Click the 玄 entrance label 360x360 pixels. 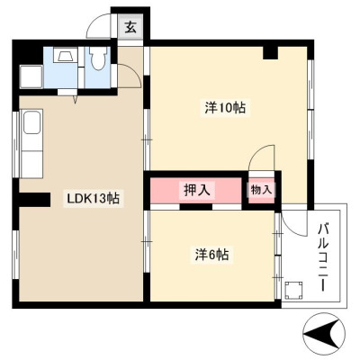pos(130,28)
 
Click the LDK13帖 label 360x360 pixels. pos(93,198)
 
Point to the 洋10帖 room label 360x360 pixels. pos(225,108)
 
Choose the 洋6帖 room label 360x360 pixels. pos(212,255)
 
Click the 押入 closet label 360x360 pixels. pos(196,190)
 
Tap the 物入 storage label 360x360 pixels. pos(261,190)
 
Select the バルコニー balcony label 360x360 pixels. pos(323,256)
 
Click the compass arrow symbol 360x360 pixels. pos(324,334)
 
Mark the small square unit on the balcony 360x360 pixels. pos(293,290)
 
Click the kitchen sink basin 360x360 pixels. pos(31,122)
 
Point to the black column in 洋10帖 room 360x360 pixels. pos(271,53)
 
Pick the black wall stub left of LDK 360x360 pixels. pos(35,200)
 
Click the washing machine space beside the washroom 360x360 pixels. pos(31,76)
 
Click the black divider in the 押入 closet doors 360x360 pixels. pos(196,206)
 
